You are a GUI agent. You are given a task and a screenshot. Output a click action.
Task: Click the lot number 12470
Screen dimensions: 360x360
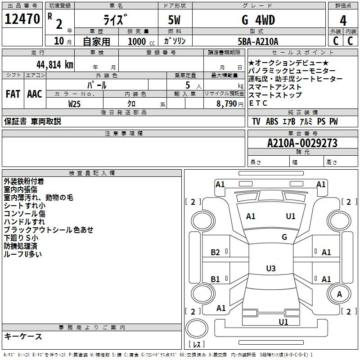point(22,19)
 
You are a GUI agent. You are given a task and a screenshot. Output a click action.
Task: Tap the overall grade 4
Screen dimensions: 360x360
point(343,21)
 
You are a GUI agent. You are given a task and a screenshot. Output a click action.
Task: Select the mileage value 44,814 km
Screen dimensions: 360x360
point(55,65)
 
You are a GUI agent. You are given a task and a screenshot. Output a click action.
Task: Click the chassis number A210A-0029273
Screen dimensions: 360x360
point(302,143)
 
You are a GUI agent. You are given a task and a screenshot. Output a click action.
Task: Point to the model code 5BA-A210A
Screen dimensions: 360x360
point(258,41)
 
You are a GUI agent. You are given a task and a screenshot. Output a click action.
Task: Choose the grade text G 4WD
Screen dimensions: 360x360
point(258,20)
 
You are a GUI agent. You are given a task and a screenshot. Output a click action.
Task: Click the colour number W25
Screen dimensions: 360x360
point(74,104)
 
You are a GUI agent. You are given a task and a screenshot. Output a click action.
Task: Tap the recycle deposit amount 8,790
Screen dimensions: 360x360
point(226,104)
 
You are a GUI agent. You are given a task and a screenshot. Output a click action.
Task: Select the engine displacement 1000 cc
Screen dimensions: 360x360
point(141,41)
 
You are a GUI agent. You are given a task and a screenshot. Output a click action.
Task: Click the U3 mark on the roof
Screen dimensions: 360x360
point(271,268)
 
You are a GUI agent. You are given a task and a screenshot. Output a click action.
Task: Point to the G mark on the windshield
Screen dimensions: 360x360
point(284,237)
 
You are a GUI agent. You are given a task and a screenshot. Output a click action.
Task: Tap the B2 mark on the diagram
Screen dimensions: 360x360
point(215,252)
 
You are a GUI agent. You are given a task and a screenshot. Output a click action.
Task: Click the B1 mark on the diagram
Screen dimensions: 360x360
point(215,279)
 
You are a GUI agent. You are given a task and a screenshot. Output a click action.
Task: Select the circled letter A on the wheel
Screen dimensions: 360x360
point(339,294)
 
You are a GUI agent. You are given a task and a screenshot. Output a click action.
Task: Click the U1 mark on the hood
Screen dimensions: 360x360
point(290,216)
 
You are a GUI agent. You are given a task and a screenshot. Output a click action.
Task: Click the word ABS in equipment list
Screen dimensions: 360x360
point(272,121)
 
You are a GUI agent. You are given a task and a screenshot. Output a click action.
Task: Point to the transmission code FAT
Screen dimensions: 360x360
point(13,94)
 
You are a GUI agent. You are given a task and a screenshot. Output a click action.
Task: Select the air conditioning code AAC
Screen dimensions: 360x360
point(35,94)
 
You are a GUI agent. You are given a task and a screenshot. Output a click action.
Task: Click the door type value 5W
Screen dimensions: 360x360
point(174,20)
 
